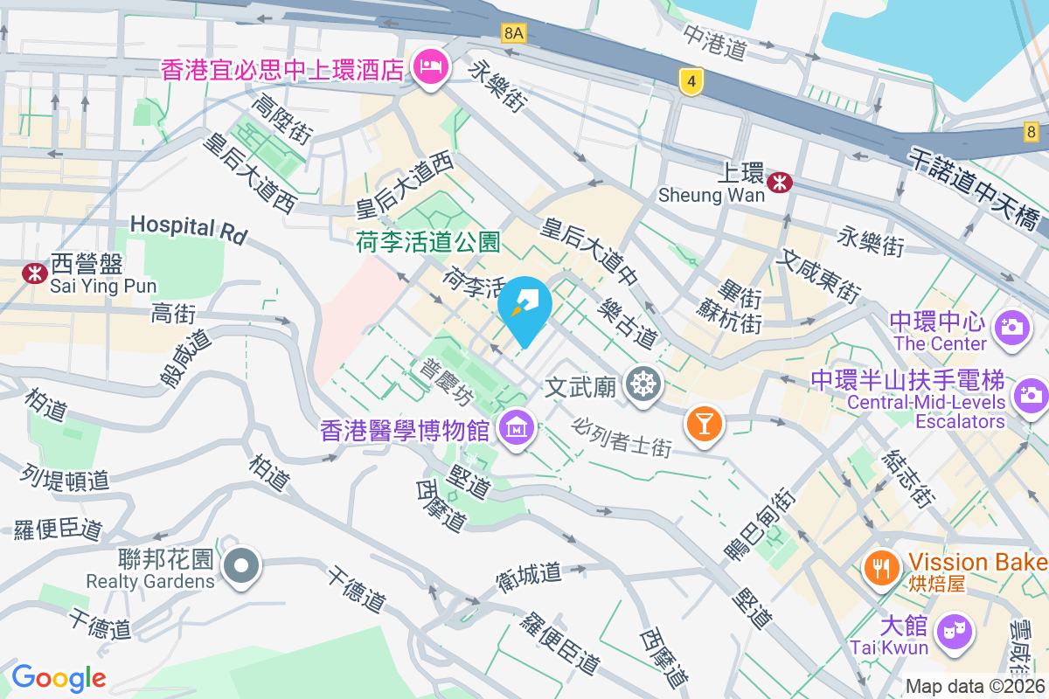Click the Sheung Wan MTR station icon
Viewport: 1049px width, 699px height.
coord(779,182)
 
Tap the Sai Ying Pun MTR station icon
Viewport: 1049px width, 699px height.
coord(34,273)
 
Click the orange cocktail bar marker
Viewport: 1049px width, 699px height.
coord(705,423)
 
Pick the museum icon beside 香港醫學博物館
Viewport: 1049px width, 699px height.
coord(516,429)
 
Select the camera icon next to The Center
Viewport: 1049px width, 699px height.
coord(1012,329)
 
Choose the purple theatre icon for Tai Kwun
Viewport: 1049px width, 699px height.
coord(953,629)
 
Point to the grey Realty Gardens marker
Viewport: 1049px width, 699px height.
coord(241,565)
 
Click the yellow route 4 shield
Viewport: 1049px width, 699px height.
coord(691,83)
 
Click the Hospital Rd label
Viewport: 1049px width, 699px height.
coord(188,228)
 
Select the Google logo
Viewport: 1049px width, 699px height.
coord(59,677)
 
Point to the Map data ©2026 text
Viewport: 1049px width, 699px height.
coord(975,687)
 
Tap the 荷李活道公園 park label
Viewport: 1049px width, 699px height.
coord(427,242)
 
